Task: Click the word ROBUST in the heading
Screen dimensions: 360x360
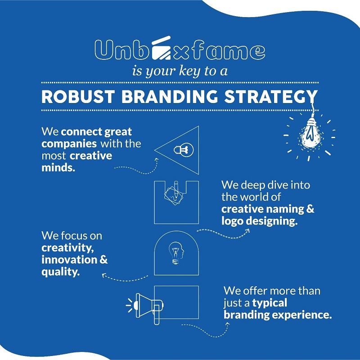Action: [78, 97]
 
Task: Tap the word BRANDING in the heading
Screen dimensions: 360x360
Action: [170, 97]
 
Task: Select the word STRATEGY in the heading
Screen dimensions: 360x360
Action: [271, 97]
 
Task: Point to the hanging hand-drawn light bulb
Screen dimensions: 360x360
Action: [310, 134]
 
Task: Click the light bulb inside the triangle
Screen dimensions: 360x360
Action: [184, 150]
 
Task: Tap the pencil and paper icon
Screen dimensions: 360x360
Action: [174, 193]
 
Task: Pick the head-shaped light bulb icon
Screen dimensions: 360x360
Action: [176, 253]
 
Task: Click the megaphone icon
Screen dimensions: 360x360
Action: [144, 308]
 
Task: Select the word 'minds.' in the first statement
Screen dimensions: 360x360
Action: [58, 167]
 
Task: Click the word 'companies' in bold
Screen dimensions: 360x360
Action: [69, 144]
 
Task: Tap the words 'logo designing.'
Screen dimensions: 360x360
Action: [260, 221]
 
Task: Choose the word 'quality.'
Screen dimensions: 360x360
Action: [61, 272]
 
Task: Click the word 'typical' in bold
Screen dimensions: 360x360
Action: [270, 303]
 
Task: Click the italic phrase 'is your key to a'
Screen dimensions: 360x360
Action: [180, 71]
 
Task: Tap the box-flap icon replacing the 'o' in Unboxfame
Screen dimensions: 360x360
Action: [161, 48]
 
